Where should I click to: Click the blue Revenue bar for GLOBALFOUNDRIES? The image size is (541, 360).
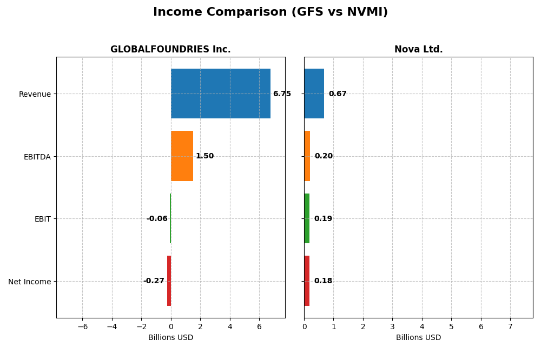220,94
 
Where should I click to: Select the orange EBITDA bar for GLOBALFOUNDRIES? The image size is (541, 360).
182,156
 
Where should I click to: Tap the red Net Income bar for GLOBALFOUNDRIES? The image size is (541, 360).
169,281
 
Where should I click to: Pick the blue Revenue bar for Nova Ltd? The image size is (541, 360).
314,94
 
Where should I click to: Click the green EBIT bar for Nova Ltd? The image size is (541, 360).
307,218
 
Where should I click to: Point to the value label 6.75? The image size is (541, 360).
282,94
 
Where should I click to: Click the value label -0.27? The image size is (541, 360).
154,281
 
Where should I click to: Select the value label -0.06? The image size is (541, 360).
157,219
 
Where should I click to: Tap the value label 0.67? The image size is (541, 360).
338,94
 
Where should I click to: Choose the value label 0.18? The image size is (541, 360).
323,281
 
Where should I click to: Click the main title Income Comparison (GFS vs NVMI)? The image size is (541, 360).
270,12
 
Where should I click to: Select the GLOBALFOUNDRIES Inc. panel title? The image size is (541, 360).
170,50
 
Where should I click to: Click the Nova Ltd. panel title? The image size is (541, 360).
418,50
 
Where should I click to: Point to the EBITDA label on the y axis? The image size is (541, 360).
37,157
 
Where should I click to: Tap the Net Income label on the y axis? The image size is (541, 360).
30,282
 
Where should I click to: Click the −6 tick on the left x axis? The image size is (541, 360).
82,326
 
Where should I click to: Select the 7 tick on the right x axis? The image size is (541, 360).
510,326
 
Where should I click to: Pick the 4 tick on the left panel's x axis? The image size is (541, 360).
230,326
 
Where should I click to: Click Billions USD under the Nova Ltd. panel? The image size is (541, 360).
418,337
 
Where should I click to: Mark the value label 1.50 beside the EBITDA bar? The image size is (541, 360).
204,156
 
